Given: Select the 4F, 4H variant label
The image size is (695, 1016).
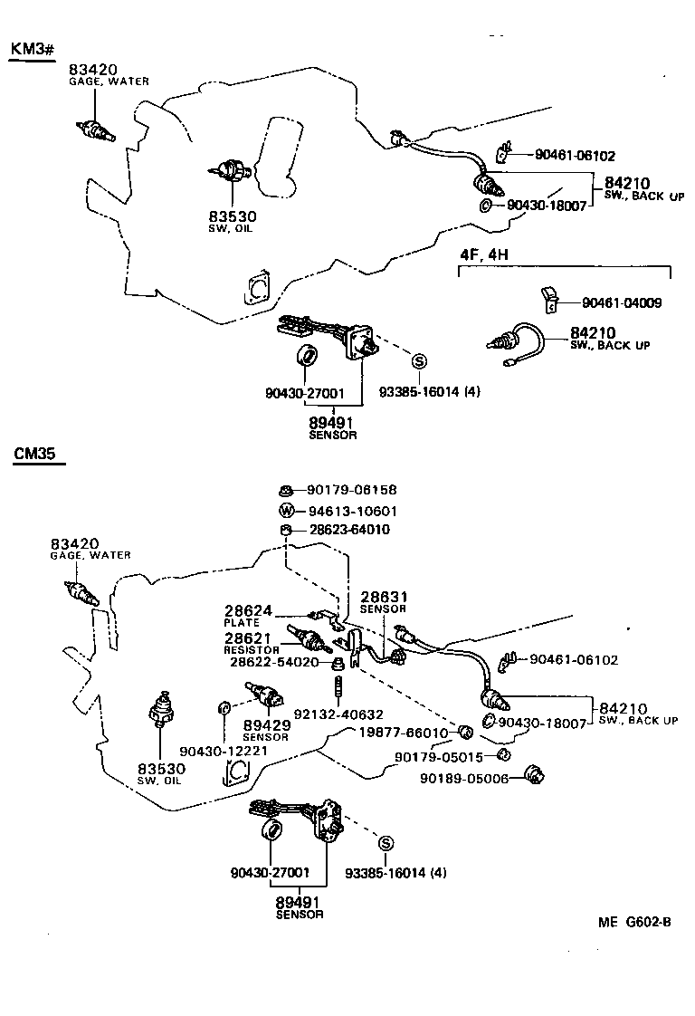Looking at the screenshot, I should [x=484, y=254].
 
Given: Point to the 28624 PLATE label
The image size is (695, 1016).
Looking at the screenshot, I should [x=247, y=616].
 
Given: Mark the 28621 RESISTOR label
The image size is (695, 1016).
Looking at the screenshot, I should [x=250, y=643].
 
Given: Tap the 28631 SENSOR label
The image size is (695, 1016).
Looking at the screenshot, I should [x=385, y=602].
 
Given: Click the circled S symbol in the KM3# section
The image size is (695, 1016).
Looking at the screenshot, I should [x=419, y=361].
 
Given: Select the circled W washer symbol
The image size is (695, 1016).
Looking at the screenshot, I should [x=286, y=511].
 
